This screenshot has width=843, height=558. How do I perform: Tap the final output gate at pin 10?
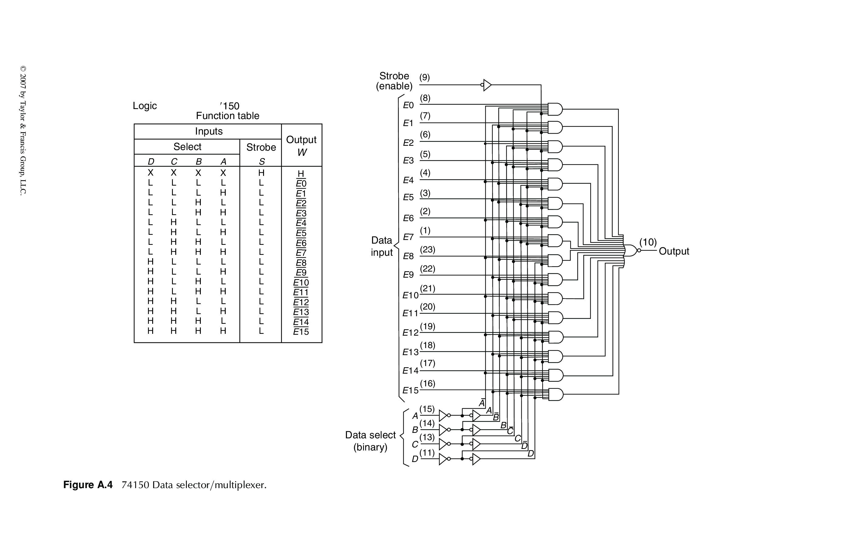[630, 251]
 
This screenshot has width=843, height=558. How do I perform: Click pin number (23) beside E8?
[427, 249]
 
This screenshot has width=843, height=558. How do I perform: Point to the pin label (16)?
[427, 383]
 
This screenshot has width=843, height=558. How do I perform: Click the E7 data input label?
[408, 237]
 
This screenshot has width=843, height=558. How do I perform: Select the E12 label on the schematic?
[410, 333]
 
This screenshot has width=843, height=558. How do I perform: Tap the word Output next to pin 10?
[673, 251]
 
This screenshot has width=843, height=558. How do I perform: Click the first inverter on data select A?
[443, 415]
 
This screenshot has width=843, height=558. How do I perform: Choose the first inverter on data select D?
[443, 459]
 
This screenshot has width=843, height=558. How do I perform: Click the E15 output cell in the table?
[301, 332]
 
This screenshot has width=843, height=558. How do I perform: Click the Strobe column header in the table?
[261, 147]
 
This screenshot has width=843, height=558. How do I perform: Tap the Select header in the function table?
[187, 147]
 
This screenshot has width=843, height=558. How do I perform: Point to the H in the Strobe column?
[261, 173]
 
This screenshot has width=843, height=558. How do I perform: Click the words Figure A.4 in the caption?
[88, 485]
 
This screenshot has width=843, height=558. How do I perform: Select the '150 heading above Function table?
[230, 106]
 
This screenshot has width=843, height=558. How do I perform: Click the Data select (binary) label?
[370, 441]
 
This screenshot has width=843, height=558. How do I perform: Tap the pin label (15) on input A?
[427, 409]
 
